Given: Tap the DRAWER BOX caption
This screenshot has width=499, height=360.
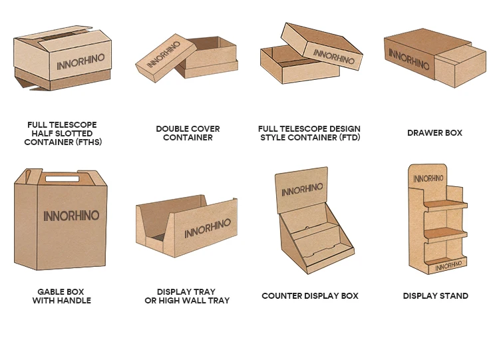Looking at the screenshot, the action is tap(434, 133).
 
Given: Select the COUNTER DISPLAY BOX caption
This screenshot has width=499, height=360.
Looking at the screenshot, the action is tap(310, 295).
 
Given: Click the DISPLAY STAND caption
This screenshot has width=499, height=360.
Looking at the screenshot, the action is tap(436, 295).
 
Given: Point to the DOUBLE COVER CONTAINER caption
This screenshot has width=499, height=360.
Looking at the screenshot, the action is tap(188, 133).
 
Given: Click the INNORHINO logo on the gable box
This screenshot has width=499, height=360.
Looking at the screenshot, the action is tap(71, 216).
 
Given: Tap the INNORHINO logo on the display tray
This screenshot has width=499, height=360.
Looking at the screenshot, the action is tap(208, 228).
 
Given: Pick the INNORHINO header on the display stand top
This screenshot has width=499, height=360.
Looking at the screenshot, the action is tap(428, 178).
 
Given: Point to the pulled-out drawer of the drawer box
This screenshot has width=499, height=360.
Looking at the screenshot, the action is tap(460, 67).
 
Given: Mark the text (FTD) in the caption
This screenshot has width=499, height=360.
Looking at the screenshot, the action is tap(349, 137).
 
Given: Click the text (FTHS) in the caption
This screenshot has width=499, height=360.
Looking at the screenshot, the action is tap(88, 142).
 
